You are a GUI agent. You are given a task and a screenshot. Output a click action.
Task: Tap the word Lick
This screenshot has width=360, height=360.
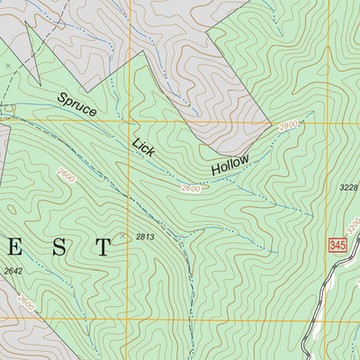pyautogui.click(x=144, y=146)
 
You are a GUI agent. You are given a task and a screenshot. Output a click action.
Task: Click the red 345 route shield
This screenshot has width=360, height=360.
pyautogui.click(x=337, y=245)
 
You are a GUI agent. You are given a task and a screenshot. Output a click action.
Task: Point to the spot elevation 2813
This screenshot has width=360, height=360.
pyautogui.click(x=146, y=237)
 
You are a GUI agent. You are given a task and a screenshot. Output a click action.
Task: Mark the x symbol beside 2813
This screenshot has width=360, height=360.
pyautogui.click(x=123, y=237)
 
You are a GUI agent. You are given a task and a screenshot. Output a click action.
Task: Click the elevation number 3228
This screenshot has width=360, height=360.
pyautogui.click(x=348, y=187)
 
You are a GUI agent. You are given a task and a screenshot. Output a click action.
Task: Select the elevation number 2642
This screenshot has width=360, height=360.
pyautogui.click(x=12, y=270)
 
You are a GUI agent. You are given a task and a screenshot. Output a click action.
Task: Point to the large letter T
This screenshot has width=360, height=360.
pyautogui.click(x=103, y=248)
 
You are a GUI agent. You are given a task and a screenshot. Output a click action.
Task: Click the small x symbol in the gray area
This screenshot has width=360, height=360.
pyautogui.click(x=7, y=67)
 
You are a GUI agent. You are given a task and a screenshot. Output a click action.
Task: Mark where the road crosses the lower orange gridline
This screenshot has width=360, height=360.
pyautogui.click(x=305, y=319)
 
